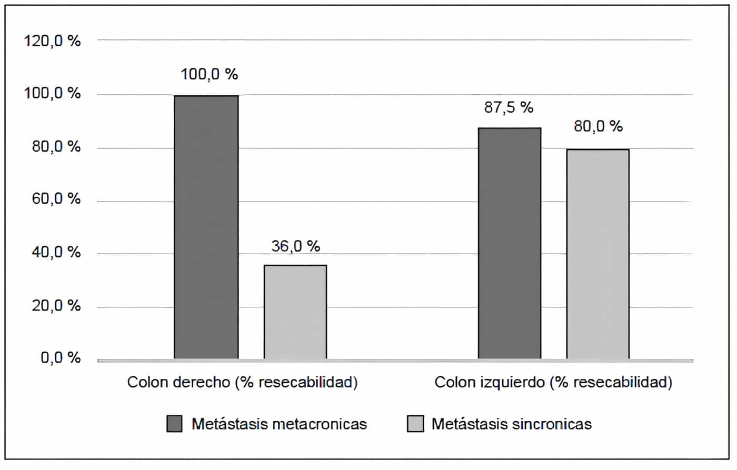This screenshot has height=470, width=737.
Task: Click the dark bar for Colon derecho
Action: click(206, 227)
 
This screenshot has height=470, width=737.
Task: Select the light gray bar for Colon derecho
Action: click(295, 312)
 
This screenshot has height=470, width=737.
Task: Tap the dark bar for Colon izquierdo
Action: click(509, 243)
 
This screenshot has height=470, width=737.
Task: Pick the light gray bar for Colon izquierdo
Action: click(597, 254)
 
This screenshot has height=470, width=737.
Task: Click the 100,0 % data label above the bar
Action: click(209, 74)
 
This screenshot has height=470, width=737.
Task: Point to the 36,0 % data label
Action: click(296, 246)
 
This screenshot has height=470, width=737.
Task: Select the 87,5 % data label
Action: click(509, 107)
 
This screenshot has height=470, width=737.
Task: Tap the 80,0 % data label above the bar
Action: click(598, 126)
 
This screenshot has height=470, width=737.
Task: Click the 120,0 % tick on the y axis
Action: click(52, 41)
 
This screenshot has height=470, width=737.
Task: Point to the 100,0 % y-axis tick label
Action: click(52, 94)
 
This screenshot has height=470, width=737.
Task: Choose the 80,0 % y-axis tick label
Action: click(56, 147)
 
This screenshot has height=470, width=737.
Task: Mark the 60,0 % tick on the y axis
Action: click(56, 199)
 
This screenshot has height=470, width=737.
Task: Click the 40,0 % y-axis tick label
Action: click(56, 253)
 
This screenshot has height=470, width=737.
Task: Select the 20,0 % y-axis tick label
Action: click(56, 306)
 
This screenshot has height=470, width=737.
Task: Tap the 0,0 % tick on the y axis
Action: click(61, 358)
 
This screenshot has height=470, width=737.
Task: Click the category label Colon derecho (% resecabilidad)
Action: click(242, 382)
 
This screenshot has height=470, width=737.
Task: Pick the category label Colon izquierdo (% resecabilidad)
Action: click(553, 382)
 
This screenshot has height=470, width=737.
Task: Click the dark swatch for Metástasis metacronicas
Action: click(174, 424)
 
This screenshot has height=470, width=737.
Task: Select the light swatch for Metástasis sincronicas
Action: click(415, 424)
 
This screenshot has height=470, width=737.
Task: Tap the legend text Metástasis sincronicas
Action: click(511, 424)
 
